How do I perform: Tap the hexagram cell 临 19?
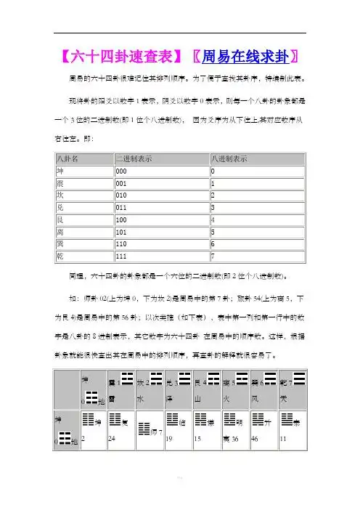(178, 428)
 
